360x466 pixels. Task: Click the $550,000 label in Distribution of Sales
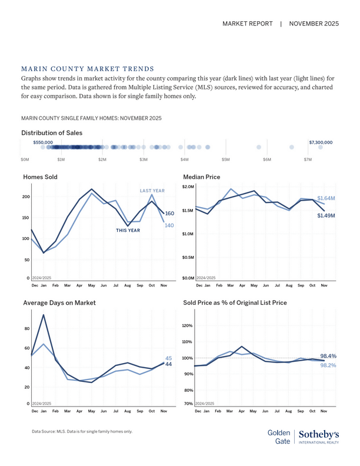(43, 142)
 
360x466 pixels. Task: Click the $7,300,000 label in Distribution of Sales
(321, 142)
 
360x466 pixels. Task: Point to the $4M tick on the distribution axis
(184, 159)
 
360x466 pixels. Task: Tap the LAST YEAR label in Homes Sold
(152, 191)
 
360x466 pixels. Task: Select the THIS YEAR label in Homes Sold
(128, 230)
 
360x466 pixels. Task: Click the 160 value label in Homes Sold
(170, 214)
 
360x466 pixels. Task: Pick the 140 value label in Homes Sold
(170, 225)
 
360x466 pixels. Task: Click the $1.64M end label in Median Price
(326, 199)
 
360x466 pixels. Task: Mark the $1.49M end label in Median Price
(326, 216)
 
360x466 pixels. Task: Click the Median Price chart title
(202, 177)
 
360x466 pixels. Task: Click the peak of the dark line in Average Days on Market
(44, 315)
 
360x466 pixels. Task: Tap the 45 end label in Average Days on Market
(168, 358)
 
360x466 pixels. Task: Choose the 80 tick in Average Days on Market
(27, 329)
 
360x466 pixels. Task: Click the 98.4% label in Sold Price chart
(328, 356)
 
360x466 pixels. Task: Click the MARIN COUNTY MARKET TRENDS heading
(87, 69)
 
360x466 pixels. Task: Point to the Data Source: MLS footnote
(82, 431)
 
